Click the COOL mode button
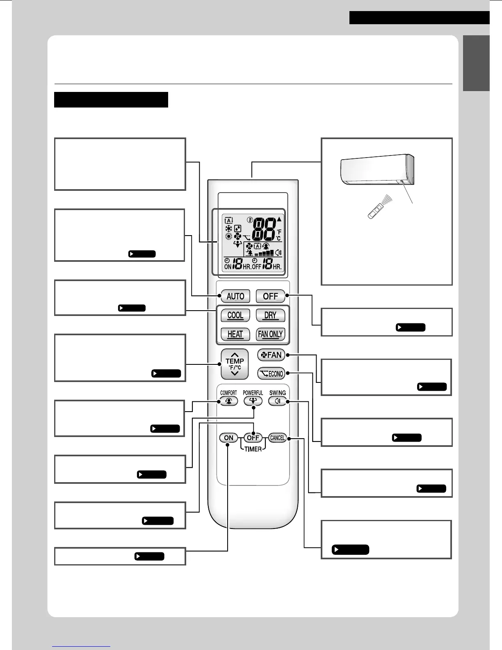click(x=235, y=315)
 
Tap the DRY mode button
click(x=270, y=315)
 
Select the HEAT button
click(x=235, y=334)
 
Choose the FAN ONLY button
click(x=270, y=334)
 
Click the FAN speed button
click(x=271, y=355)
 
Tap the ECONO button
click(x=271, y=373)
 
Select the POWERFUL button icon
click(x=253, y=401)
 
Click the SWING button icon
click(x=278, y=401)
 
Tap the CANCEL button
click(x=278, y=438)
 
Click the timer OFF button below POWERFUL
click(x=253, y=438)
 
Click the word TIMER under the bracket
click(x=253, y=449)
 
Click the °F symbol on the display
click(x=279, y=232)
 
